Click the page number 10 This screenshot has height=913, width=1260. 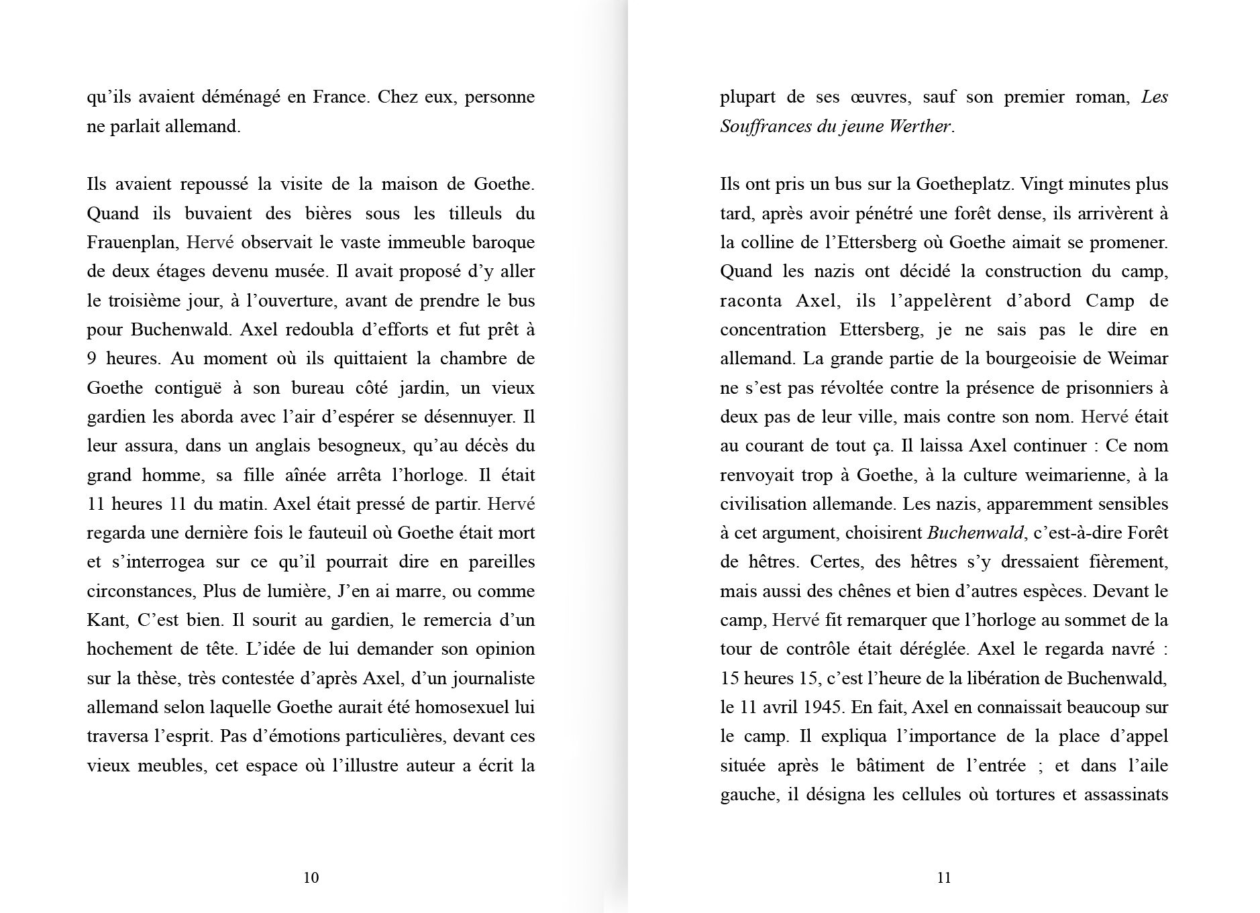tap(311, 877)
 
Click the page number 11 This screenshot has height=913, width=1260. tap(943, 877)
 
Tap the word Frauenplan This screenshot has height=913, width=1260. tap(133, 242)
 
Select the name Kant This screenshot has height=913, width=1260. tap(106, 620)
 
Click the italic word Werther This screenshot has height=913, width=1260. tap(920, 126)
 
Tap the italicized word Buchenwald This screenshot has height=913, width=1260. tap(976, 533)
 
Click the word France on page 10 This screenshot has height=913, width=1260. tap(339, 97)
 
